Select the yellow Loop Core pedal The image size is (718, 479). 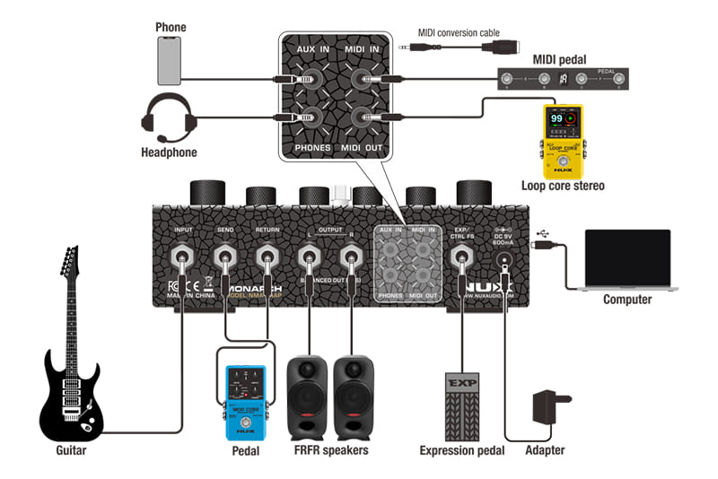tap(562, 142)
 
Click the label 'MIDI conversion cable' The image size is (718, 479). tap(459, 33)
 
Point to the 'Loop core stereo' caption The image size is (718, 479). tap(563, 187)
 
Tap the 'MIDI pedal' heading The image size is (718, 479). tap(559, 59)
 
